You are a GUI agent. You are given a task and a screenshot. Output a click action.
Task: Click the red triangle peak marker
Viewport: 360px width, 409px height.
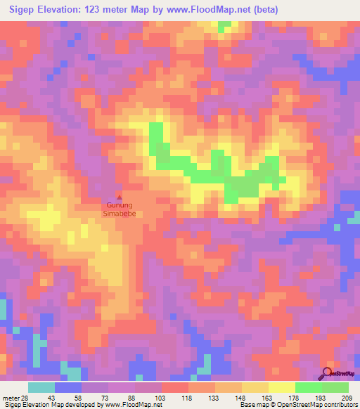point(118,197)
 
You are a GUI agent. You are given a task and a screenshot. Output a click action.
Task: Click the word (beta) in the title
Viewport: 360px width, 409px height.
point(263,10)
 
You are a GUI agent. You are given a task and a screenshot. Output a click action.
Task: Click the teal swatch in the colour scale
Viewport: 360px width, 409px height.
point(41,388)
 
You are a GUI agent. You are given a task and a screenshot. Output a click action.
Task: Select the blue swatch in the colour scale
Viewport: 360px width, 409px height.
point(68,388)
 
